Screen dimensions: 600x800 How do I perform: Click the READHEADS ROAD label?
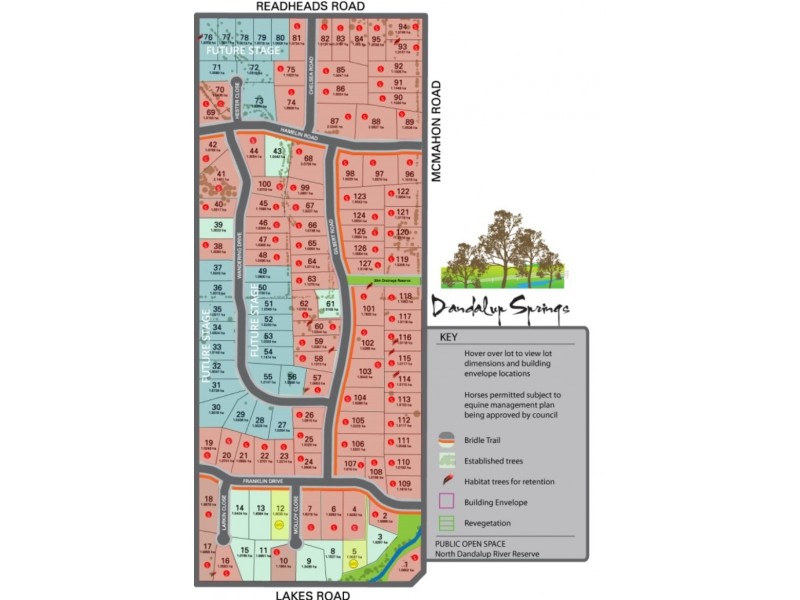click(x=309, y=6)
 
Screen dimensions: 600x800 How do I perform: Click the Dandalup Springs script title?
click(x=501, y=306)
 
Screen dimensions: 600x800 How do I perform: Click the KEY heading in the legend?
click(x=448, y=338)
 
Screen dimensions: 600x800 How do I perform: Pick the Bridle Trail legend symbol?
click(x=446, y=438)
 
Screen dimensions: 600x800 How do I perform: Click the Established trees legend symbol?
click(x=446, y=460)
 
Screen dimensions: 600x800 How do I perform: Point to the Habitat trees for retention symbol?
click(x=446, y=480)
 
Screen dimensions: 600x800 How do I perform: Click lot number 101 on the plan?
click(x=368, y=309)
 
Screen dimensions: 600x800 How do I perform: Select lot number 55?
click(x=267, y=376)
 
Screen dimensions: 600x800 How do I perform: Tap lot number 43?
click(x=276, y=151)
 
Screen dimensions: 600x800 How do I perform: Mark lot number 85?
click(x=341, y=70)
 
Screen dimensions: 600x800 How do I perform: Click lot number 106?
click(x=358, y=443)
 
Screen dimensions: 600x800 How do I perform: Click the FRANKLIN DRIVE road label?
click(x=250, y=481)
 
